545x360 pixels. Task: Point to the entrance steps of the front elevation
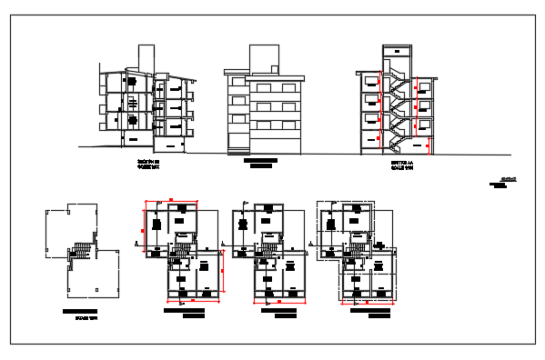237,148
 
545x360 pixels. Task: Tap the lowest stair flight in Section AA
398,140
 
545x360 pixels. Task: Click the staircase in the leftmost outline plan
82,248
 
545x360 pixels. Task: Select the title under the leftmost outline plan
80,315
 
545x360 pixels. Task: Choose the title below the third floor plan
280,314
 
